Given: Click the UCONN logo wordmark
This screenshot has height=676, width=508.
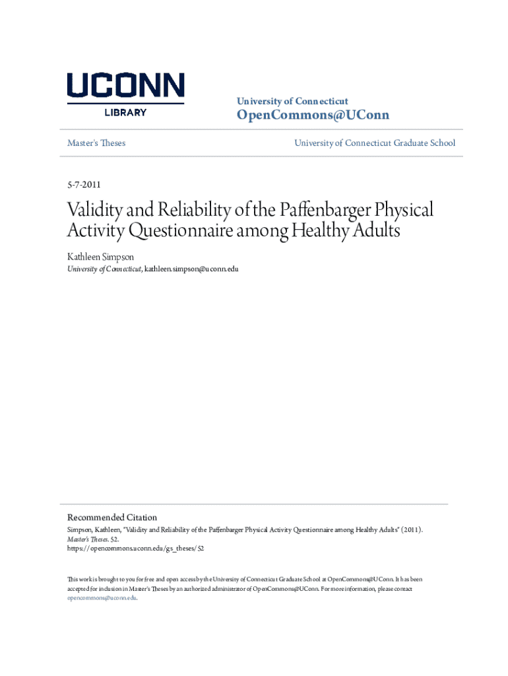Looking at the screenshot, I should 125,87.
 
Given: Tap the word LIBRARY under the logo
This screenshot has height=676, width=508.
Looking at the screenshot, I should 125,112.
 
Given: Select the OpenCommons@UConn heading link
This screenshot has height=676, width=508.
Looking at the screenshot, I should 313,116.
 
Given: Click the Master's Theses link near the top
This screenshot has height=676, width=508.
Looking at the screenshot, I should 96,143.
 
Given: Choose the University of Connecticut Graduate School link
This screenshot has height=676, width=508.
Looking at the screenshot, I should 374,143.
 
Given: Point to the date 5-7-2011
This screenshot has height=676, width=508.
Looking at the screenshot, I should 84,185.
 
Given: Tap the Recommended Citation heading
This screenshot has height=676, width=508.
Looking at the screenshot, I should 112,517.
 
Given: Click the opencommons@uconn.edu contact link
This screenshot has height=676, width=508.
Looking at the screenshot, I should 102,597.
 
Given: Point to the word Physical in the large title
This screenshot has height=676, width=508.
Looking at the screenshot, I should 403,211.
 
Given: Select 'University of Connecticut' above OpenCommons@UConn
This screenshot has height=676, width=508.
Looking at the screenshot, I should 292,101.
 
